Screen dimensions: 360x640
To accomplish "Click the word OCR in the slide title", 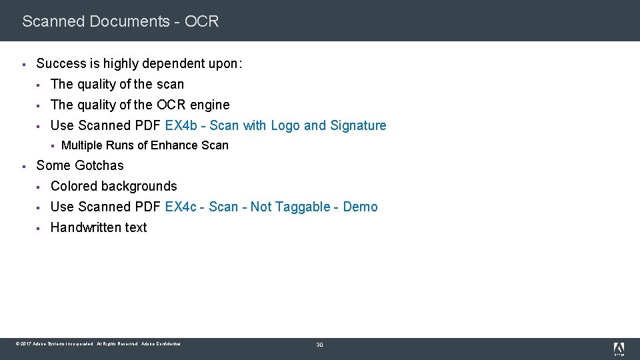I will coord(201,21).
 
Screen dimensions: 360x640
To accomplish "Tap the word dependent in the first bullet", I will coord(173,64).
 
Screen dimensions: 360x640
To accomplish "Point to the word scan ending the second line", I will coord(170,85).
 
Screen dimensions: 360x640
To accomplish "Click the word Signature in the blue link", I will coord(358,125).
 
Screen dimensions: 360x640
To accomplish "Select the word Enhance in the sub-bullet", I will coord(175,145).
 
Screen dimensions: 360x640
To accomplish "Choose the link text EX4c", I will coord(180,207).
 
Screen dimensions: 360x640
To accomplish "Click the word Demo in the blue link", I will coord(361,207).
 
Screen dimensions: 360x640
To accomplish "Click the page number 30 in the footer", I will coord(319,345).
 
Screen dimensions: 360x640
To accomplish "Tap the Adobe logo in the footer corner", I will coord(619,348).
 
